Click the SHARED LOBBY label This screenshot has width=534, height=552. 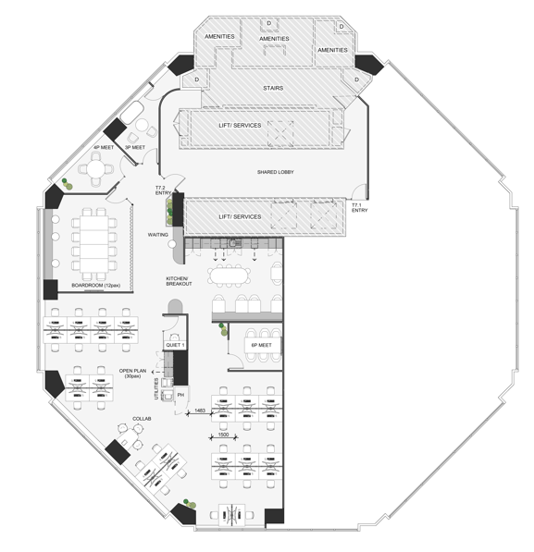[x=275, y=172]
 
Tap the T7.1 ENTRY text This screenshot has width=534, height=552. [x=359, y=208]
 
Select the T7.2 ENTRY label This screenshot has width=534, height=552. [x=163, y=190]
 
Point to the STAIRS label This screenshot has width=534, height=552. [x=273, y=88]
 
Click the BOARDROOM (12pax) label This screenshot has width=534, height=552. [x=96, y=285]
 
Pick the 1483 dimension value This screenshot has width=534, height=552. [x=200, y=411]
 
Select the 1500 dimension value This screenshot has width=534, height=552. [x=223, y=435]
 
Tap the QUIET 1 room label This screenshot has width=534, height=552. [x=175, y=345]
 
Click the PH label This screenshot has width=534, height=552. [x=180, y=395]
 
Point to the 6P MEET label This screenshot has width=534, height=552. [x=262, y=345]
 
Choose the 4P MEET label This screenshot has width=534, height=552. [x=104, y=148]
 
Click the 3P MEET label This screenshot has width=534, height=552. [x=135, y=148]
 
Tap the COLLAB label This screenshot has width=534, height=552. [x=142, y=419]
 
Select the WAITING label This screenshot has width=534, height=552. [x=158, y=235]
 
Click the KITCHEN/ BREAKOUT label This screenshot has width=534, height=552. [x=179, y=281]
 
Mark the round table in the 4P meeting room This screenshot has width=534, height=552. [x=96, y=169]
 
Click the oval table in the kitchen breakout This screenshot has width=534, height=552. [x=229, y=276]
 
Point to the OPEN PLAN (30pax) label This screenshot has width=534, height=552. [x=132, y=374]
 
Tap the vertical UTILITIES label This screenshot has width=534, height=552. [x=156, y=388]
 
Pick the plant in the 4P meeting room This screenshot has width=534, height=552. [x=67, y=184]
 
